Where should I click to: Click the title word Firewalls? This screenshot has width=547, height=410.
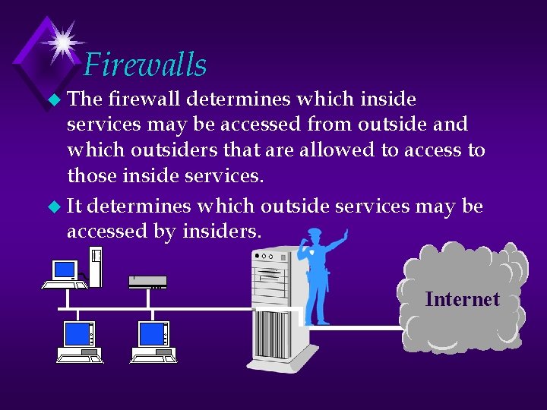coord(145,65)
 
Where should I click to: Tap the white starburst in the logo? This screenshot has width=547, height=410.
coord(58,41)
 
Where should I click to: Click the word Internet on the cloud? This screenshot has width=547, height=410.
coord(462,299)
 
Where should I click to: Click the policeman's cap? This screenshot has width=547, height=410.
coord(315,232)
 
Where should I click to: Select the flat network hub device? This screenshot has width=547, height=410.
coord(147,282)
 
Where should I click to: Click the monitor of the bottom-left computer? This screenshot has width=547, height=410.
coord(78,334)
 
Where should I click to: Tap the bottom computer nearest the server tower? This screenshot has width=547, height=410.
coord(154,341)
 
